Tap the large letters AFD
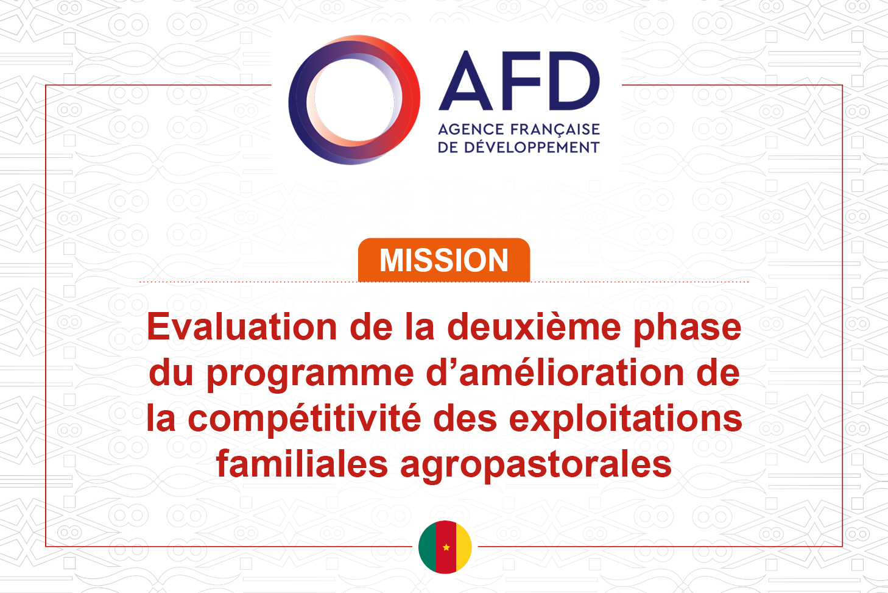pos(519,80)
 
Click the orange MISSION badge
pos(444,260)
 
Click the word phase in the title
pos(688,330)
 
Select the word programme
pos(310,375)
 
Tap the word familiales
pos(301,463)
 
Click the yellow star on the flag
pos(446,547)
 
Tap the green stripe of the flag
pos(428,547)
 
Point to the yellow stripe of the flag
pos(463,547)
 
